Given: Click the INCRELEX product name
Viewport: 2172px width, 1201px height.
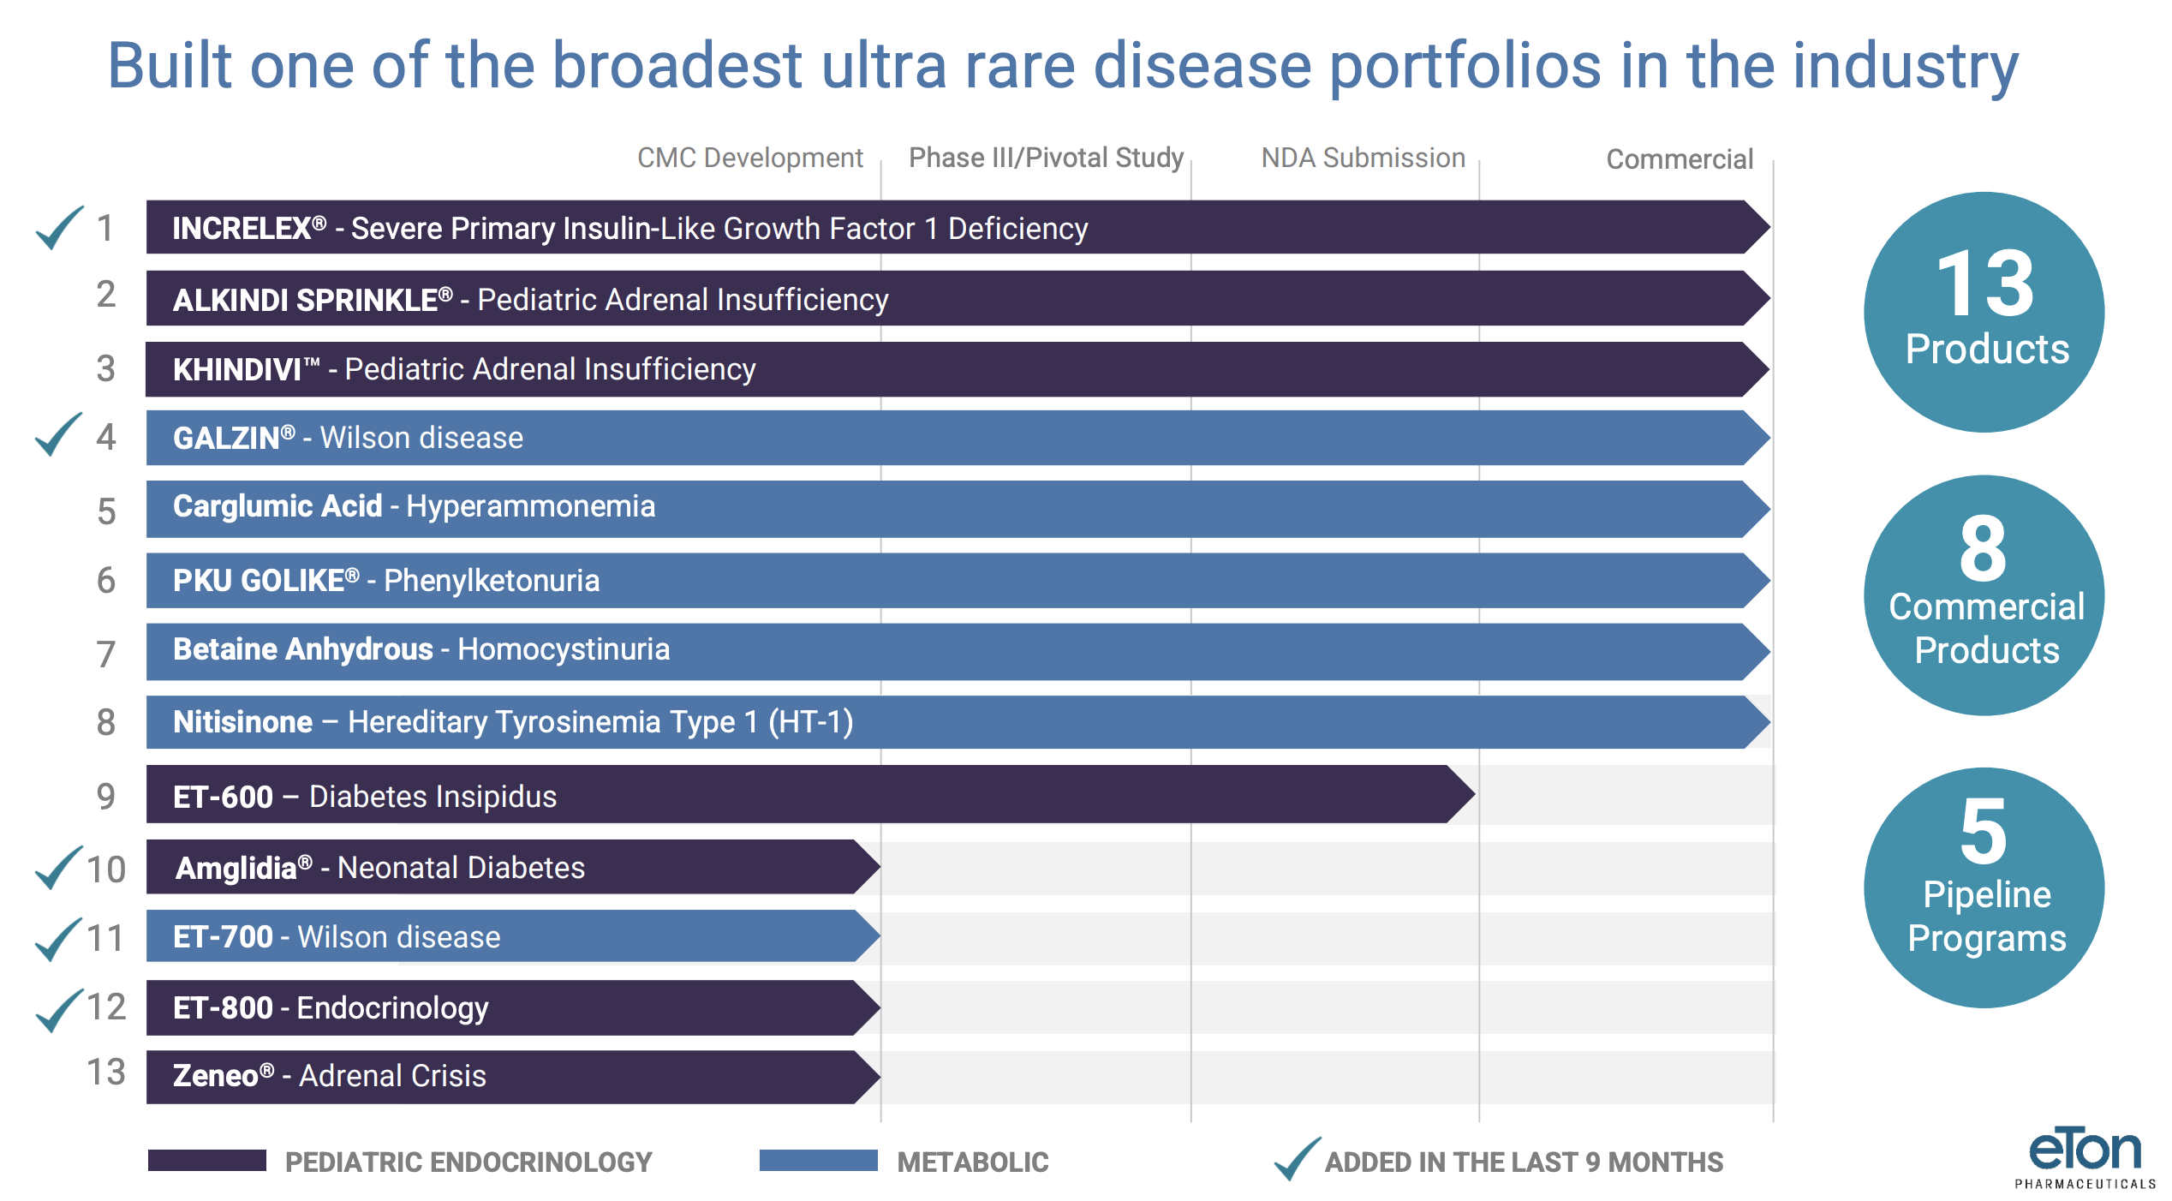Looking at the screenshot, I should click(x=242, y=229).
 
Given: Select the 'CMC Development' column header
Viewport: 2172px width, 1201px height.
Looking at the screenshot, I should click(x=749, y=158).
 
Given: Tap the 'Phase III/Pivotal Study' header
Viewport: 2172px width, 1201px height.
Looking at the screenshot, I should click(x=1046, y=158).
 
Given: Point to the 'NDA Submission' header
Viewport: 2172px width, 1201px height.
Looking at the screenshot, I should click(x=1363, y=158).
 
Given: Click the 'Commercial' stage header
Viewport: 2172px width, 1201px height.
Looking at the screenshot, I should click(x=1679, y=159).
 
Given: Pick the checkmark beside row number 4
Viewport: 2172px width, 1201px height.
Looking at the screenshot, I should click(x=58, y=434).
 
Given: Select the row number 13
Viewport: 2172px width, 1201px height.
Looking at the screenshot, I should click(x=106, y=1073).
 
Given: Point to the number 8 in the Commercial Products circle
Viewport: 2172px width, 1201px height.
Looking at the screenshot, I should click(x=1983, y=548).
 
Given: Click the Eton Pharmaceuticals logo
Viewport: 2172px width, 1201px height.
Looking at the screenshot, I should click(x=2085, y=1158).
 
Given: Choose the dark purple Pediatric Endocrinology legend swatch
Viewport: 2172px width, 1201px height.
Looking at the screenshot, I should click(x=206, y=1161).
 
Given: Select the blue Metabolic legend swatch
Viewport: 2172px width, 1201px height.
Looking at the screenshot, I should click(x=818, y=1161).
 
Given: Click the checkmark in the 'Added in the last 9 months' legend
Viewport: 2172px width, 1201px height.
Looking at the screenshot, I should click(x=1297, y=1159).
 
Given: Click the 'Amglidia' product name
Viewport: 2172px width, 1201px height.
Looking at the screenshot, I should click(x=236, y=869).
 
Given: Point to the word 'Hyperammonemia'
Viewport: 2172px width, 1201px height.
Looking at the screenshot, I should click(x=530, y=507).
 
